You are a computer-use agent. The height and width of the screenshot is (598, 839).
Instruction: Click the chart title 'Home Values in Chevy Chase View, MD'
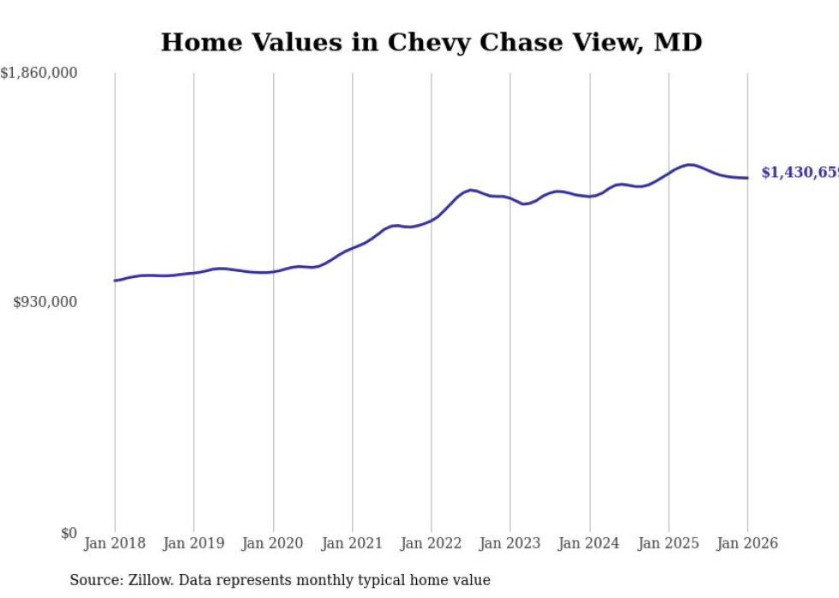pos(431,42)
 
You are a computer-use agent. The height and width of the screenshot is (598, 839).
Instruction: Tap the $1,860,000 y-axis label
pos(39,74)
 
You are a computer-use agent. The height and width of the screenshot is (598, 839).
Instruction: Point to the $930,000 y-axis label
pos(45,302)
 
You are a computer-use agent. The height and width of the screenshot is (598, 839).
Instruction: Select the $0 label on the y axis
pos(68,533)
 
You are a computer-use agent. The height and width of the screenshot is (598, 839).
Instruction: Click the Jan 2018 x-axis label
pos(115,543)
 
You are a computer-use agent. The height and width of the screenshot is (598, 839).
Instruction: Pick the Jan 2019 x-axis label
pos(193,543)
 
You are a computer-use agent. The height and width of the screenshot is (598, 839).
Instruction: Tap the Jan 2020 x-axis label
pos(273,543)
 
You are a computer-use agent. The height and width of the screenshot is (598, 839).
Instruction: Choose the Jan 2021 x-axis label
pos(352,543)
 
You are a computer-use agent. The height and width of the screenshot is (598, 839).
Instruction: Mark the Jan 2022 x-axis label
pos(431,543)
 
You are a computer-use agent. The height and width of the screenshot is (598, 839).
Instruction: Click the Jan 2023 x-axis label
pos(510,543)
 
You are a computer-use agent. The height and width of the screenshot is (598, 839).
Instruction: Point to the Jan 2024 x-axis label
pos(589,543)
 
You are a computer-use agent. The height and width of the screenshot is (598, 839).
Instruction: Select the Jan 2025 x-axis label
pos(669,543)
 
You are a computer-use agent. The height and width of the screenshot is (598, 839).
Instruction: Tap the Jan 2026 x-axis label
pos(747,543)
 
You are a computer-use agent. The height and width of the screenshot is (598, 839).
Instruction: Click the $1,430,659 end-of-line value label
pos(800,173)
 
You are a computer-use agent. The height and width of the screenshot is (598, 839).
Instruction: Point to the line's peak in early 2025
pos(689,164)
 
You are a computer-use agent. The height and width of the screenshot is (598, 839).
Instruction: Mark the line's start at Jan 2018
pos(115,281)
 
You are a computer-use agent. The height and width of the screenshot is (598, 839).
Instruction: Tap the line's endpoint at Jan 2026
pos(747,178)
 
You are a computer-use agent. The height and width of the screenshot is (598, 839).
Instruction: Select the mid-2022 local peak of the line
pos(471,189)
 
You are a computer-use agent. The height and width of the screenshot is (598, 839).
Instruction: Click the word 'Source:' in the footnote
pos(95,580)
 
